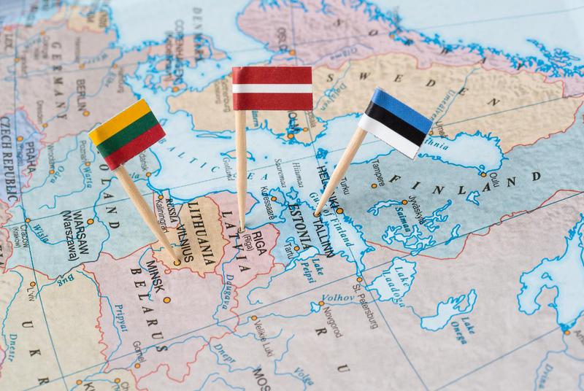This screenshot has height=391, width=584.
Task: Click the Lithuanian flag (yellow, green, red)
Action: [x=127, y=133]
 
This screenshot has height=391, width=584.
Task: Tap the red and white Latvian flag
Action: [x=272, y=88]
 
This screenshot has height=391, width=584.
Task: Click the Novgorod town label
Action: [x=331, y=321]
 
